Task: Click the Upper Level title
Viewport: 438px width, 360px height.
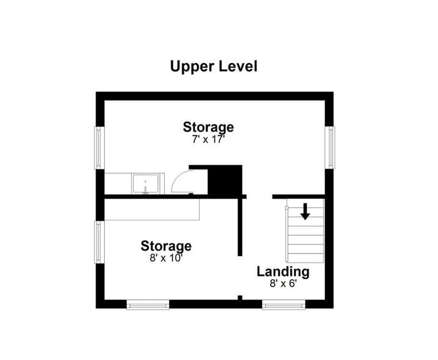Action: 214,67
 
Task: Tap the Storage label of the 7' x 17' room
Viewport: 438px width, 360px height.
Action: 208,127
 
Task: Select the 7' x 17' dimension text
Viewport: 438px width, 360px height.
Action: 208,139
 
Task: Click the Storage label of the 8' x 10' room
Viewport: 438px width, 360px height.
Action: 166,246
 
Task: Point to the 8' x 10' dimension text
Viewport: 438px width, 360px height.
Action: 166,258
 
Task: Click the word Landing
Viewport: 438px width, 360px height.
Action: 283,272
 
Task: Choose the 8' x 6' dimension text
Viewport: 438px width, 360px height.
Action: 283,283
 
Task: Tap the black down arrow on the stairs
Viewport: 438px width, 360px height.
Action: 305,211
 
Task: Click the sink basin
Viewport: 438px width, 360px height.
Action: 145,184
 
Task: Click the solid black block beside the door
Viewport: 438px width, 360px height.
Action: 225,179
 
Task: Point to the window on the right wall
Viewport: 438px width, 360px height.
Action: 331,148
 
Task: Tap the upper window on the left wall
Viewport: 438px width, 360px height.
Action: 99,148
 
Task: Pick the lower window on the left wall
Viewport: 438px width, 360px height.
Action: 99,242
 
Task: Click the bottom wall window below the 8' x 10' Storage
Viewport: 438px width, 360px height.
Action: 148,305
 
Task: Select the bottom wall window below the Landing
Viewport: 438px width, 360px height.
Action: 284,305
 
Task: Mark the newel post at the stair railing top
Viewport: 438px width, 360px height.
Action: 286,208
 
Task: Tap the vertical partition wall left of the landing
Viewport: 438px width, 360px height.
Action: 240,226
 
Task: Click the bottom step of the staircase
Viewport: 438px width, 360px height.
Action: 306,258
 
